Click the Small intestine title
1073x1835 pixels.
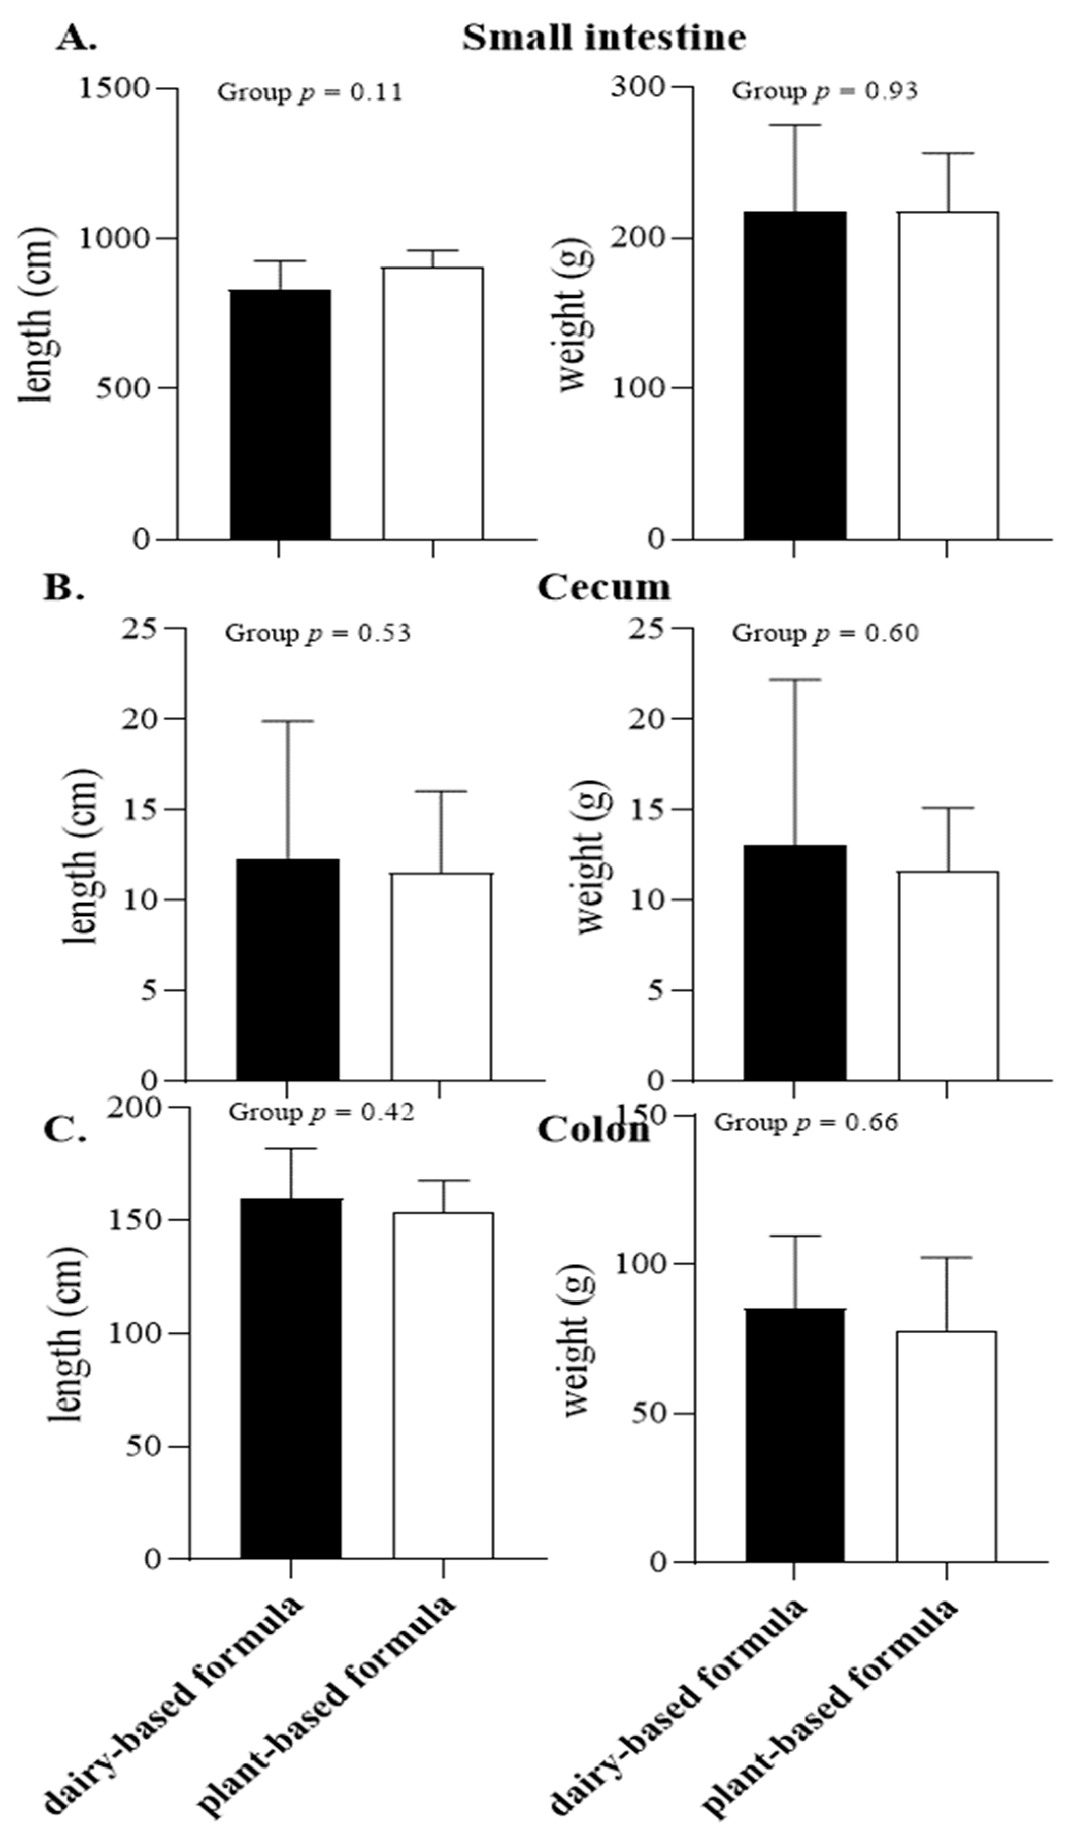pos(603,37)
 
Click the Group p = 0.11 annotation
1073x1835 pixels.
pos(310,92)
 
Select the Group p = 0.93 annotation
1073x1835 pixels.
pos(824,91)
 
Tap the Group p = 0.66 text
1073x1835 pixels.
pos(806,1122)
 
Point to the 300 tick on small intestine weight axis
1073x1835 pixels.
pos(638,87)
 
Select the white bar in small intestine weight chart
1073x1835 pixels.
pos(947,375)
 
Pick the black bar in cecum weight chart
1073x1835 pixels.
pos(794,962)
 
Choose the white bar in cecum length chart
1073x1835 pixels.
pos(441,976)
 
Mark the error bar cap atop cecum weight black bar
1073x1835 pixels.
pos(794,679)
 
